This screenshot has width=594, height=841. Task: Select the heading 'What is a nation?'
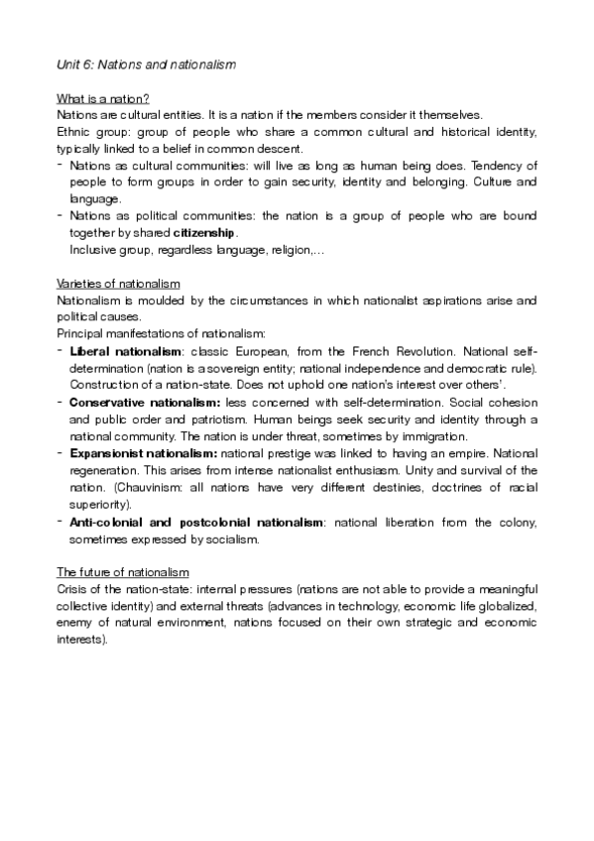coord(102,100)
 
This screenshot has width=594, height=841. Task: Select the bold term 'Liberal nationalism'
coord(114,351)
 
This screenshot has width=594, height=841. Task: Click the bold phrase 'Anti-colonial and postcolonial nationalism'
coord(196,521)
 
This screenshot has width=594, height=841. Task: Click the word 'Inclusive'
coord(91,250)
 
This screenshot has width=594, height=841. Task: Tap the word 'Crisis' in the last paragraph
coord(71,588)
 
